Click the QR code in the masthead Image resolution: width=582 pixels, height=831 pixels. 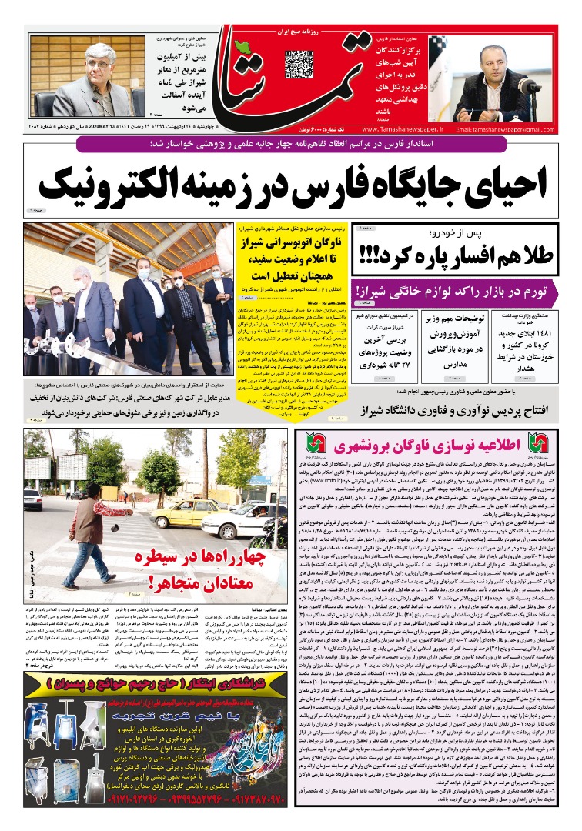[299, 64]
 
